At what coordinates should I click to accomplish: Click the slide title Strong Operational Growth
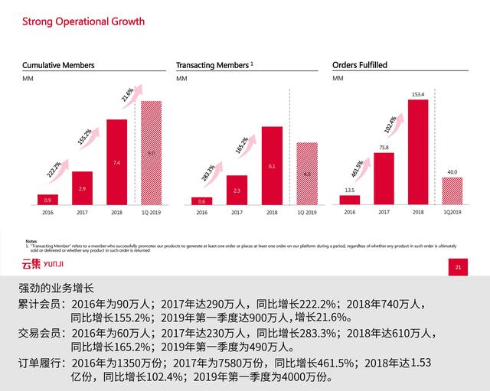[83, 21]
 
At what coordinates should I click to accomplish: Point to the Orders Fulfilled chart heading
[360, 65]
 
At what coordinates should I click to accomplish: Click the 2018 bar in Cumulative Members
[116, 162]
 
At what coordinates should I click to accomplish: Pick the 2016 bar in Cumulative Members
[47, 199]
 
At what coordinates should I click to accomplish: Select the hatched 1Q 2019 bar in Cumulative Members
[152, 153]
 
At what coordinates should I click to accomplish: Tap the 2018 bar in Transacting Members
[272, 165]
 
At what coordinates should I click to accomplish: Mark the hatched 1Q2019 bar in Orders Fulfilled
[452, 191]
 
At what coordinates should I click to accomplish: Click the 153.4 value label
[417, 95]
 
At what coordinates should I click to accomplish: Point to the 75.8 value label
[383, 148]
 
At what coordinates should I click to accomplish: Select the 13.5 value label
[348, 190]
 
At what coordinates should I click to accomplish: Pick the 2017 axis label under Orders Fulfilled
[383, 211]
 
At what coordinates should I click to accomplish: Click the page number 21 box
[457, 267]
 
